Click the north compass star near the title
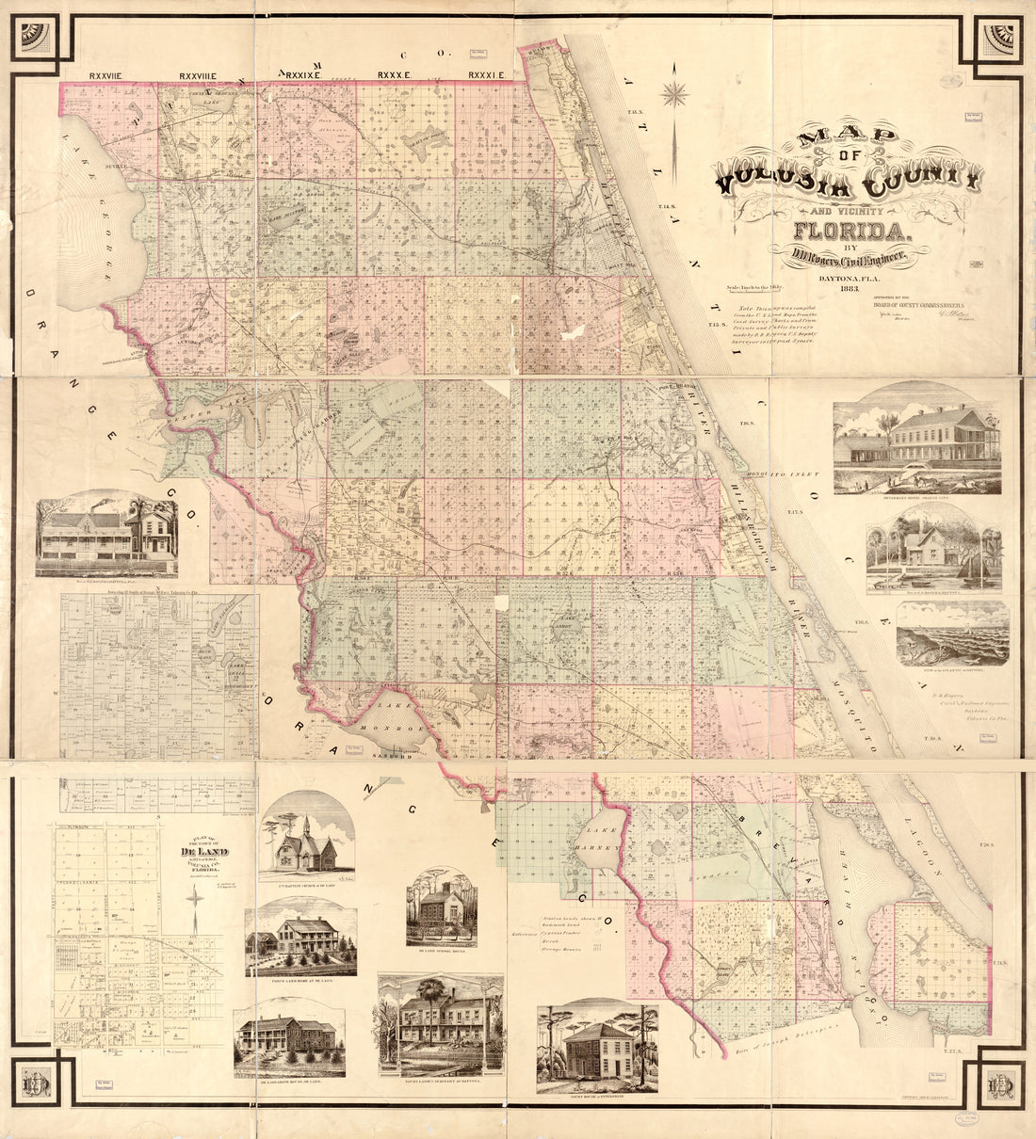click(x=674, y=94)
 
